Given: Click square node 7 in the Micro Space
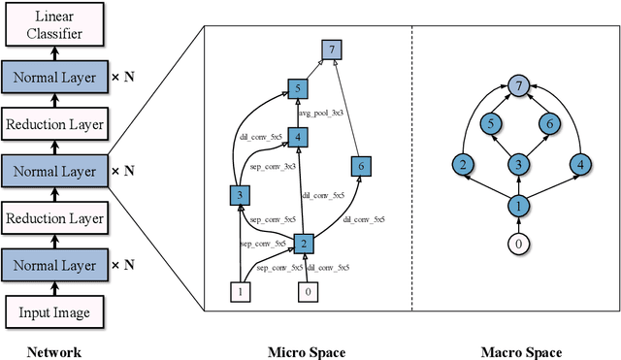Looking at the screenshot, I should coord(333,49).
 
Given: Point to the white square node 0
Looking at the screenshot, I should coord(310,289).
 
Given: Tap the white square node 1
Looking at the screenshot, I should coord(241,289).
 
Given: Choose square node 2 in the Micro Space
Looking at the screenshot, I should coord(303,243).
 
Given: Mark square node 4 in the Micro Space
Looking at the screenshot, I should coord(299,137).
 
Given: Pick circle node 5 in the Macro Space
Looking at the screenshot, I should coord(493,123).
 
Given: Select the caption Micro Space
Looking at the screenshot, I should coord(307,352).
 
